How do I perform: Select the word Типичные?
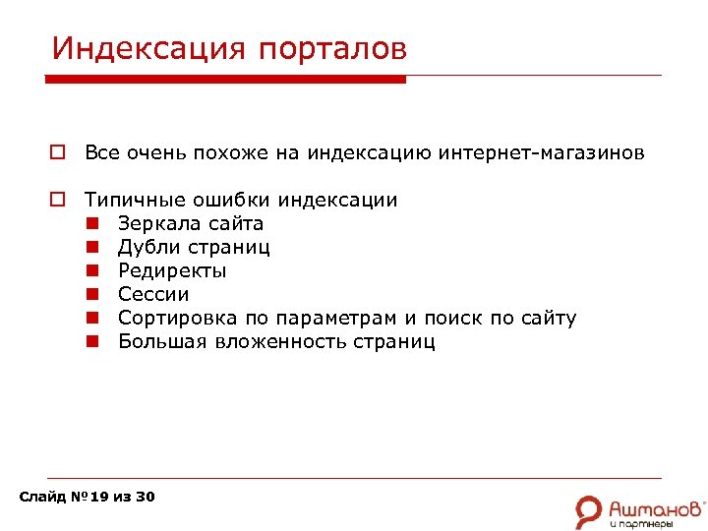(130, 200)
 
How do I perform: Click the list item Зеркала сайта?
(191, 223)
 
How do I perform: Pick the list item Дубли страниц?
(194, 247)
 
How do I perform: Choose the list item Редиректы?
(172, 270)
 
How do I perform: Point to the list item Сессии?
(153, 294)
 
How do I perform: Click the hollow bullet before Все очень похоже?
(57, 153)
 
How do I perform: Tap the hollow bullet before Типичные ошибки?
(57, 201)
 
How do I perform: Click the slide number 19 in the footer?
(99, 497)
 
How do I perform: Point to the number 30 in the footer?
(145, 497)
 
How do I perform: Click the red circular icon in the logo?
(589, 508)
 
